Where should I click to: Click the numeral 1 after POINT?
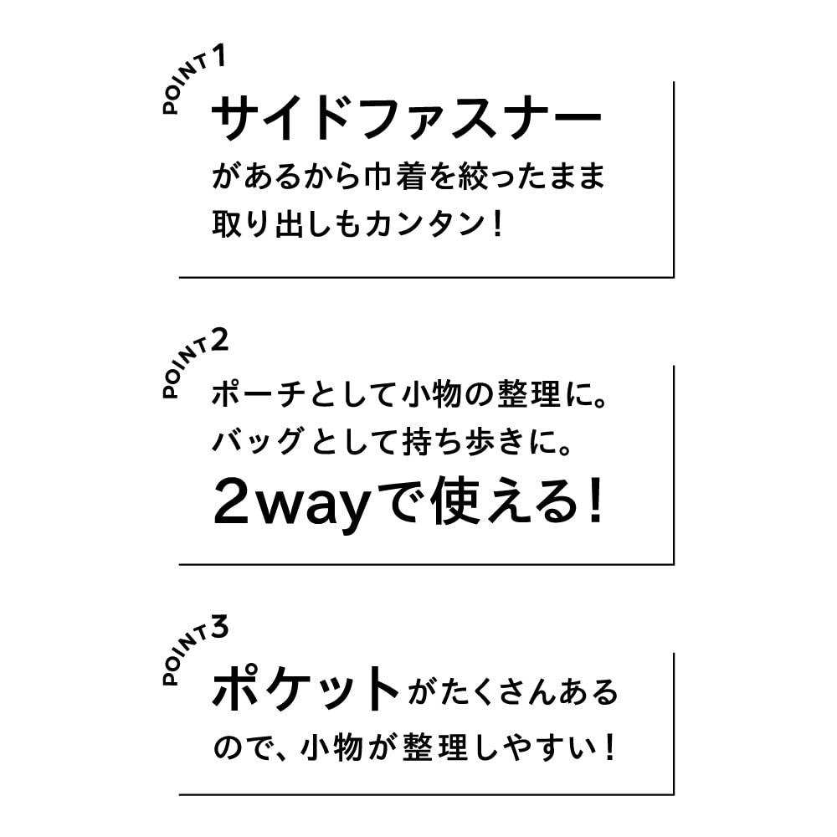pyautogui.click(x=219, y=56)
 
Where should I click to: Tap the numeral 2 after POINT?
pyautogui.click(x=219, y=340)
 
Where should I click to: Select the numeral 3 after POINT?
pyautogui.click(x=219, y=626)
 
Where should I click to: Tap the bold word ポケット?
pyautogui.click(x=306, y=689)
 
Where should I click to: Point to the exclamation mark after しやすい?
pyautogui.click(x=609, y=747)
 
